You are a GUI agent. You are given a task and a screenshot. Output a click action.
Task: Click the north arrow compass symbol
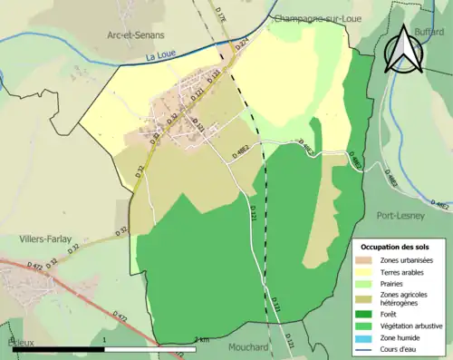click(403, 50)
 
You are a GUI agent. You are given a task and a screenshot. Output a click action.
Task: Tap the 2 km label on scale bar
click(202, 339)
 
